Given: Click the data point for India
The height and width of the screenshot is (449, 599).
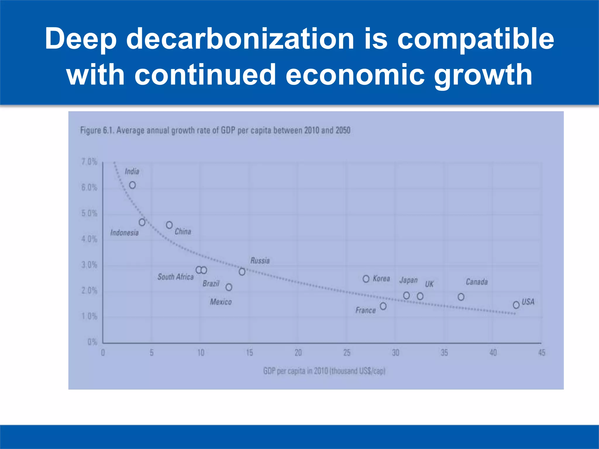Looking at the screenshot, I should click(x=132, y=185).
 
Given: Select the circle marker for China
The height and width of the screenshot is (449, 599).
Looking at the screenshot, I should click(x=169, y=225).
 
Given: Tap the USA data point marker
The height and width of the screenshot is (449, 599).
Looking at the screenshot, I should click(x=516, y=305).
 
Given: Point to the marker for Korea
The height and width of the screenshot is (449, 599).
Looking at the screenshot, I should click(x=366, y=279).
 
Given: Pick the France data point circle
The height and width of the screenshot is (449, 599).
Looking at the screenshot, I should click(x=383, y=306).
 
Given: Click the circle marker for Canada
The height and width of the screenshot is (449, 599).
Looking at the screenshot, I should click(x=461, y=297).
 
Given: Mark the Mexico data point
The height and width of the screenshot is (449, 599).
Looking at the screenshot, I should click(x=229, y=287).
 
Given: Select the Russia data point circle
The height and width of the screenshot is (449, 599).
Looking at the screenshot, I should click(x=242, y=272).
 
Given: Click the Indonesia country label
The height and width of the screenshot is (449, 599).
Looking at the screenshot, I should click(x=124, y=233).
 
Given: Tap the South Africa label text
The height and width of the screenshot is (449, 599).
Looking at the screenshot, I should click(x=175, y=277).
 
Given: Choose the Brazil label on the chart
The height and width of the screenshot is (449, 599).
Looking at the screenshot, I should click(x=211, y=283).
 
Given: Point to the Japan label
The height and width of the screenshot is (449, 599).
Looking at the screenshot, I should click(x=409, y=280).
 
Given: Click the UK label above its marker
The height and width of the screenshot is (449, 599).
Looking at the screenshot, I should click(x=429, y=284).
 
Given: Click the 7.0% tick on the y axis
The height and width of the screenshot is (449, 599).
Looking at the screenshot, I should click(x=89, y=162).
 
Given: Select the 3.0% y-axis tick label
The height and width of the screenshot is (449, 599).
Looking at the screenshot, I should click(x=89, y=265).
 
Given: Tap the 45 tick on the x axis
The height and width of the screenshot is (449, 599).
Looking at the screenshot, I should click(x=542, y=353).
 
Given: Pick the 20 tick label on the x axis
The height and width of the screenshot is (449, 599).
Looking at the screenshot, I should click(x=298, y=353).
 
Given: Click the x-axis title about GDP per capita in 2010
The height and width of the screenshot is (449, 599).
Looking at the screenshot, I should click(x=324, y=371).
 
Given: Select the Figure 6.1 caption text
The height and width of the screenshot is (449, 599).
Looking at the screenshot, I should click(x=215, y=130).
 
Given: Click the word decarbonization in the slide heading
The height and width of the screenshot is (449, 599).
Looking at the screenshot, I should click(x=240, y=39).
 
